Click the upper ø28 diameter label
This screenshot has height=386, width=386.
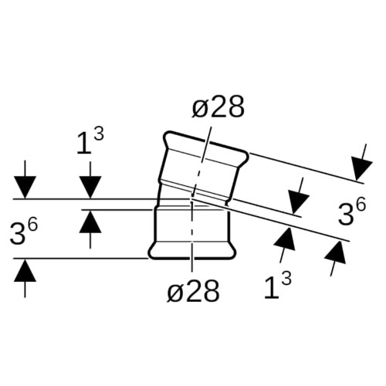click(x=218, y=107)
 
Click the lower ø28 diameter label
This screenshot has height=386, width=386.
click(x=193, y=291)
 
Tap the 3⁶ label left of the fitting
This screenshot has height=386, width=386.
click(x=24, y=232)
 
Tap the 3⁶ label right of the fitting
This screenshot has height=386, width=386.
click(x=351, y=212)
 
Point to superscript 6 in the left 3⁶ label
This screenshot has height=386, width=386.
click(x=33, y=225)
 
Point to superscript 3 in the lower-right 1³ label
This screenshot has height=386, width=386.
click(x=286, y=279)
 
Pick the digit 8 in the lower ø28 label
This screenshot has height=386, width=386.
click(x=211, y=291)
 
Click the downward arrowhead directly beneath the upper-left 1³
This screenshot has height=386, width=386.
click(x=90, y=188)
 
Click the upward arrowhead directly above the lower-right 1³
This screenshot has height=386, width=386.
click(x=286, y=239)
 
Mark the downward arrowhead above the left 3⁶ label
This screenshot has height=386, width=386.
click(x=25, y=188)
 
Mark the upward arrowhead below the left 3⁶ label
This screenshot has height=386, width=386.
click(x=25, y=270)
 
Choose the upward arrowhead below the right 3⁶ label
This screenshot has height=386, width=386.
click(x=336, y=252)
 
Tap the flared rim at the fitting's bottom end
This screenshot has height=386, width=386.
click(x=192, y=251)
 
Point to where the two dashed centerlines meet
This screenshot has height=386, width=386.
click(x=191, y=199)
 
